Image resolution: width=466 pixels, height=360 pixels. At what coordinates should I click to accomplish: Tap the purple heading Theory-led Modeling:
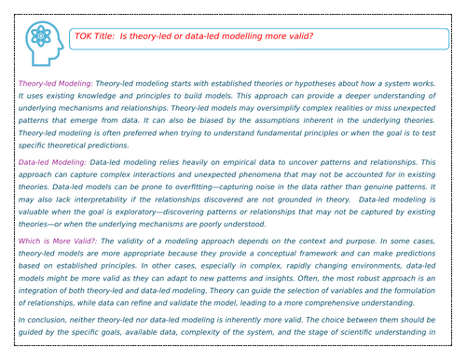click(54, 84)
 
